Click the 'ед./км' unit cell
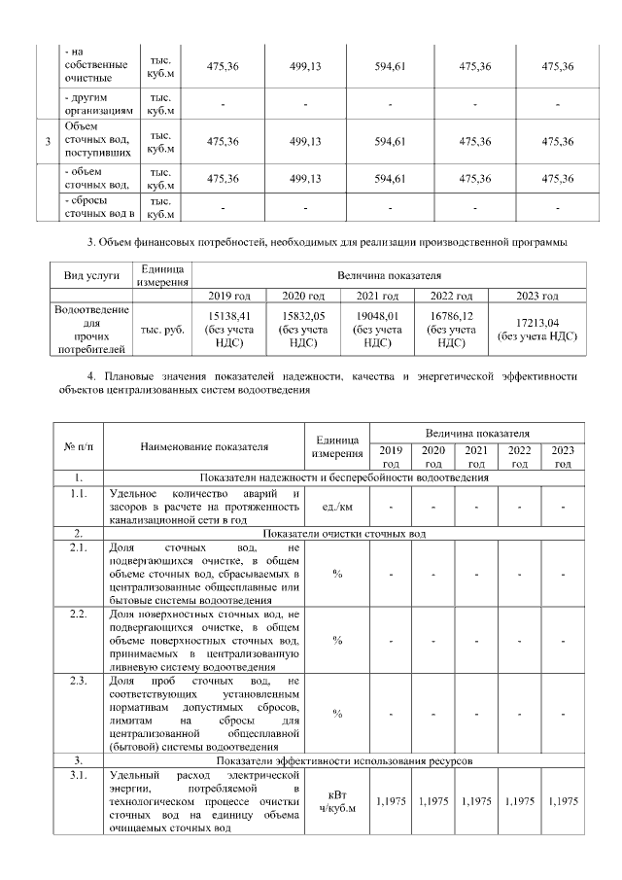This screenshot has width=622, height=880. [x=336, y=507]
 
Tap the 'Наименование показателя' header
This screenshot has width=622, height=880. [x=203, y=447]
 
